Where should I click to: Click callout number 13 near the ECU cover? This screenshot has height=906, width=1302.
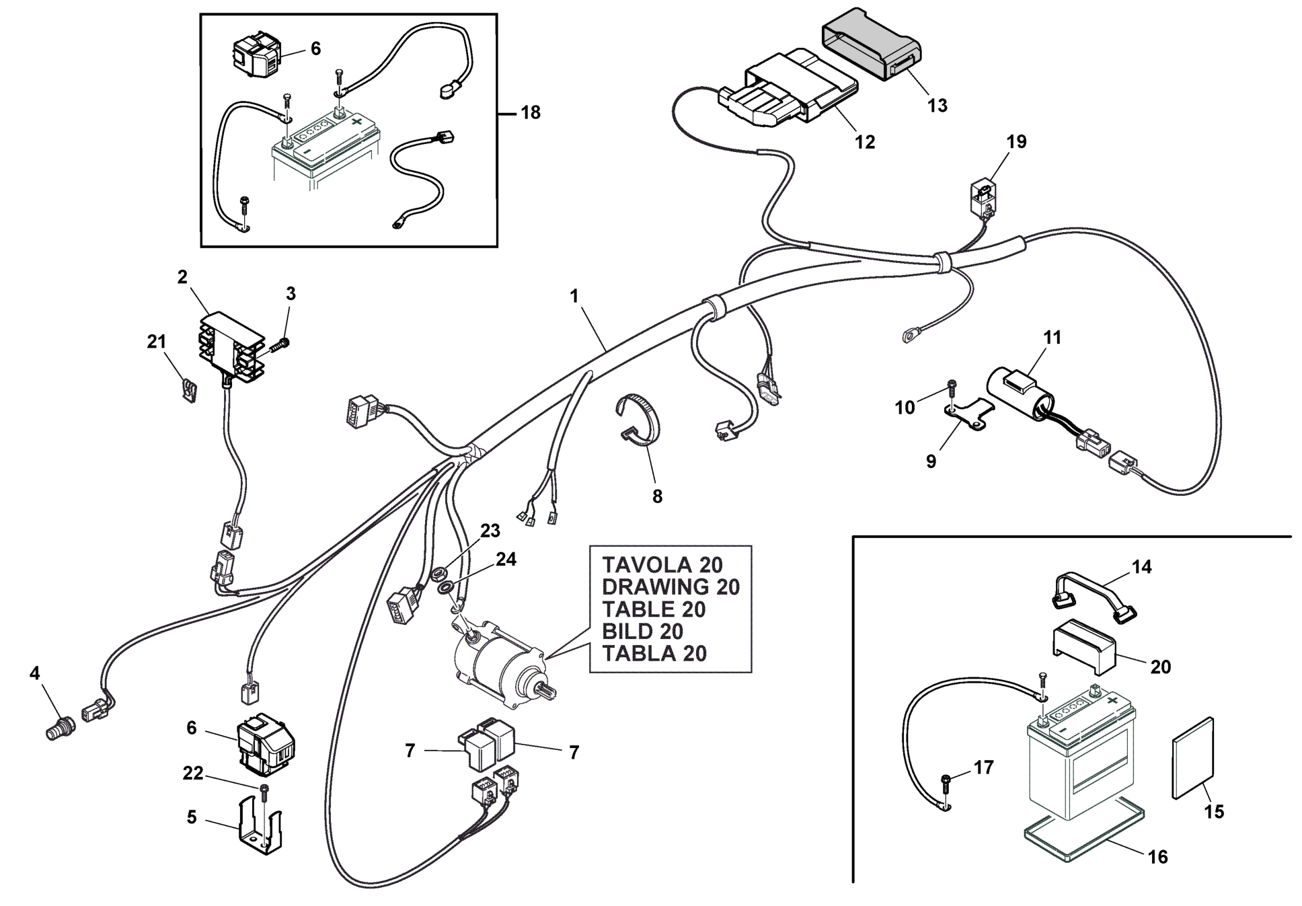tap(937, 106)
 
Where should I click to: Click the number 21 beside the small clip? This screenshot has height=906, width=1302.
tap(157, 342)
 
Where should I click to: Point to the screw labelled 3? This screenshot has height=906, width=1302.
tap(281, 346)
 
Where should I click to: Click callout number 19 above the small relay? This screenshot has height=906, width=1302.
tap(1016, 142)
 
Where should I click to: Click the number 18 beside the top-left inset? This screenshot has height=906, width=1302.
tap(531, 112)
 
